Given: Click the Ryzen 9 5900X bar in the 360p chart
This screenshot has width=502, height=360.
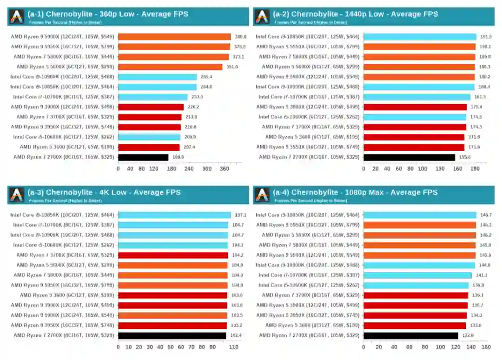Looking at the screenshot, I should (x=174, y=37).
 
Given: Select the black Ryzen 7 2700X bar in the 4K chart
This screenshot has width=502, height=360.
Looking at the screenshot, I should (x=172, y=335).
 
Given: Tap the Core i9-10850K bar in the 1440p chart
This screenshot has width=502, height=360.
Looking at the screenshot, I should (x=420, y=37).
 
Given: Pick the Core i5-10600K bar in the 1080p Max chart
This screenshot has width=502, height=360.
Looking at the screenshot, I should (x=416, y=285).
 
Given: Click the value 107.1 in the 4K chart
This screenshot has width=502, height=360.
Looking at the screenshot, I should (x=241, y=215).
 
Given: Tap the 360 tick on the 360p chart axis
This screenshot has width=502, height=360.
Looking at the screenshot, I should (x=225, y=169).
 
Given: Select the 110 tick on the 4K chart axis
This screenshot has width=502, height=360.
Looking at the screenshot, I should (x=233, y=347).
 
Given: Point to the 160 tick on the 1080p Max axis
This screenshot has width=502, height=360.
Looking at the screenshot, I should (x=486, y=347).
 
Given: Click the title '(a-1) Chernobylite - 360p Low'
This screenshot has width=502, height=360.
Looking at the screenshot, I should (x=108, y=14).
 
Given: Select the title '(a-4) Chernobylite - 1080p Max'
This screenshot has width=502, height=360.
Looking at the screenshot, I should (x=355, y=192).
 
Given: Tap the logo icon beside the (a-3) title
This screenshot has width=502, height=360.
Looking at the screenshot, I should (x=17, y=195).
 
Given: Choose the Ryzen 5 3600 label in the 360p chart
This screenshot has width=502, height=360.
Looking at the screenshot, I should (x=67, y=147).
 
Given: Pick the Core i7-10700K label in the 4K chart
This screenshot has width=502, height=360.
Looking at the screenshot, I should (x=64, y=225).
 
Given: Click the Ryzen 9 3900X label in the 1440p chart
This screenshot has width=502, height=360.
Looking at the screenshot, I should (x=308, y=107).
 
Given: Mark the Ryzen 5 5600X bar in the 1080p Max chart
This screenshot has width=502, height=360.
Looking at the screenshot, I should (x=420, y=235).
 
